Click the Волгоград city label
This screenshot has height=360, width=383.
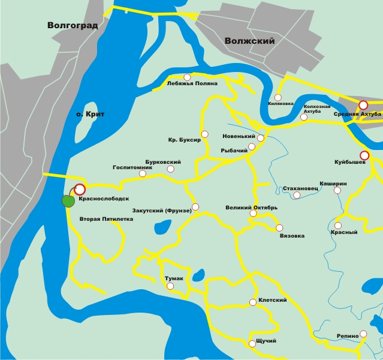point(74,25)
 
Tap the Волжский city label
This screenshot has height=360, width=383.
point(249,41)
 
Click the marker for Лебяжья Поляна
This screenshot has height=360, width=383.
point(187,77)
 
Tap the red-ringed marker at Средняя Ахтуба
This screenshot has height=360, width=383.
point(363,105)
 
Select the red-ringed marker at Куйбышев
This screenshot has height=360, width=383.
point(364,155)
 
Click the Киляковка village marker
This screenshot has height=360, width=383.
point(278,97)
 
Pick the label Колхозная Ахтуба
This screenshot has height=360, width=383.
point(316,109)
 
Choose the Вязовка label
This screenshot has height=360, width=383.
point(292,236)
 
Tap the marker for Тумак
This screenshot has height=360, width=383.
point(170,286)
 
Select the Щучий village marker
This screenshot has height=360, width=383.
point(252,344)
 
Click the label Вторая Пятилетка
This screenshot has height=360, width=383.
point(106,219)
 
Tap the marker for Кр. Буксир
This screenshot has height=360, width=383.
point(205,134)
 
